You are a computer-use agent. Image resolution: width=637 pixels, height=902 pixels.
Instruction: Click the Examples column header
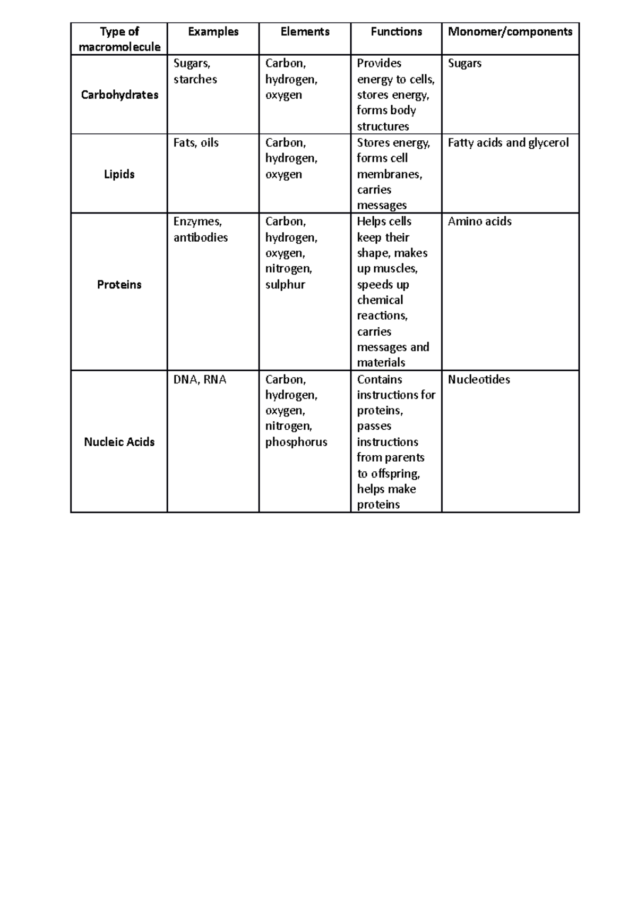213,32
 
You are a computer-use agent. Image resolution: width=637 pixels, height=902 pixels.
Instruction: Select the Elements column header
305,32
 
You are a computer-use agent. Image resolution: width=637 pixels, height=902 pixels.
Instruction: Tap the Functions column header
396,32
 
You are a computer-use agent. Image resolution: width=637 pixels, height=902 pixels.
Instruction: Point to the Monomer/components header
510,32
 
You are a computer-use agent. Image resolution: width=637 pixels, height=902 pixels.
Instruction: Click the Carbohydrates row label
119,95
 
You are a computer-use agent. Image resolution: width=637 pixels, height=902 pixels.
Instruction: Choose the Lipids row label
119,174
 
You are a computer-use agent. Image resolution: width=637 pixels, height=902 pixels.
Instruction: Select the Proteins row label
119,285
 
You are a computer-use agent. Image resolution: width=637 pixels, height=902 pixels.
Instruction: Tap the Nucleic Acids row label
119,442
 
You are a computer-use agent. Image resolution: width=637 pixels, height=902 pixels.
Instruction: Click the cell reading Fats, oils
196,143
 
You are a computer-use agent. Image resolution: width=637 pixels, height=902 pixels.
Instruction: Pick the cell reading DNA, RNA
200,380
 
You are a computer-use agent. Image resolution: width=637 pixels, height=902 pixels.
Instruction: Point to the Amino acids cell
479,222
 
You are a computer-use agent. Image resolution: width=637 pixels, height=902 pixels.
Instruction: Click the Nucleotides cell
479,380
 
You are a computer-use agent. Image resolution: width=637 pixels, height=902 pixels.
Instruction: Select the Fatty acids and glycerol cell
508,143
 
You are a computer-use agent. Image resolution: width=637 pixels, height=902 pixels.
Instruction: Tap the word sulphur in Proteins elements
285,285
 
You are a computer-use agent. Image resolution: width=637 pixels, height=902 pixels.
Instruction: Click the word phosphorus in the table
296,442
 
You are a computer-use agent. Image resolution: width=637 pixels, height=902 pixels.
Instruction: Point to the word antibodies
201,237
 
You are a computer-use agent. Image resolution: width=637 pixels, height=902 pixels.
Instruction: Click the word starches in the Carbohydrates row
195,80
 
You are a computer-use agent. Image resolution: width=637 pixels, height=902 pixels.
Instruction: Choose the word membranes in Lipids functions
389,174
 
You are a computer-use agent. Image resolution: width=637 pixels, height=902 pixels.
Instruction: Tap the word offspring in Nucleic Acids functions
395,473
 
